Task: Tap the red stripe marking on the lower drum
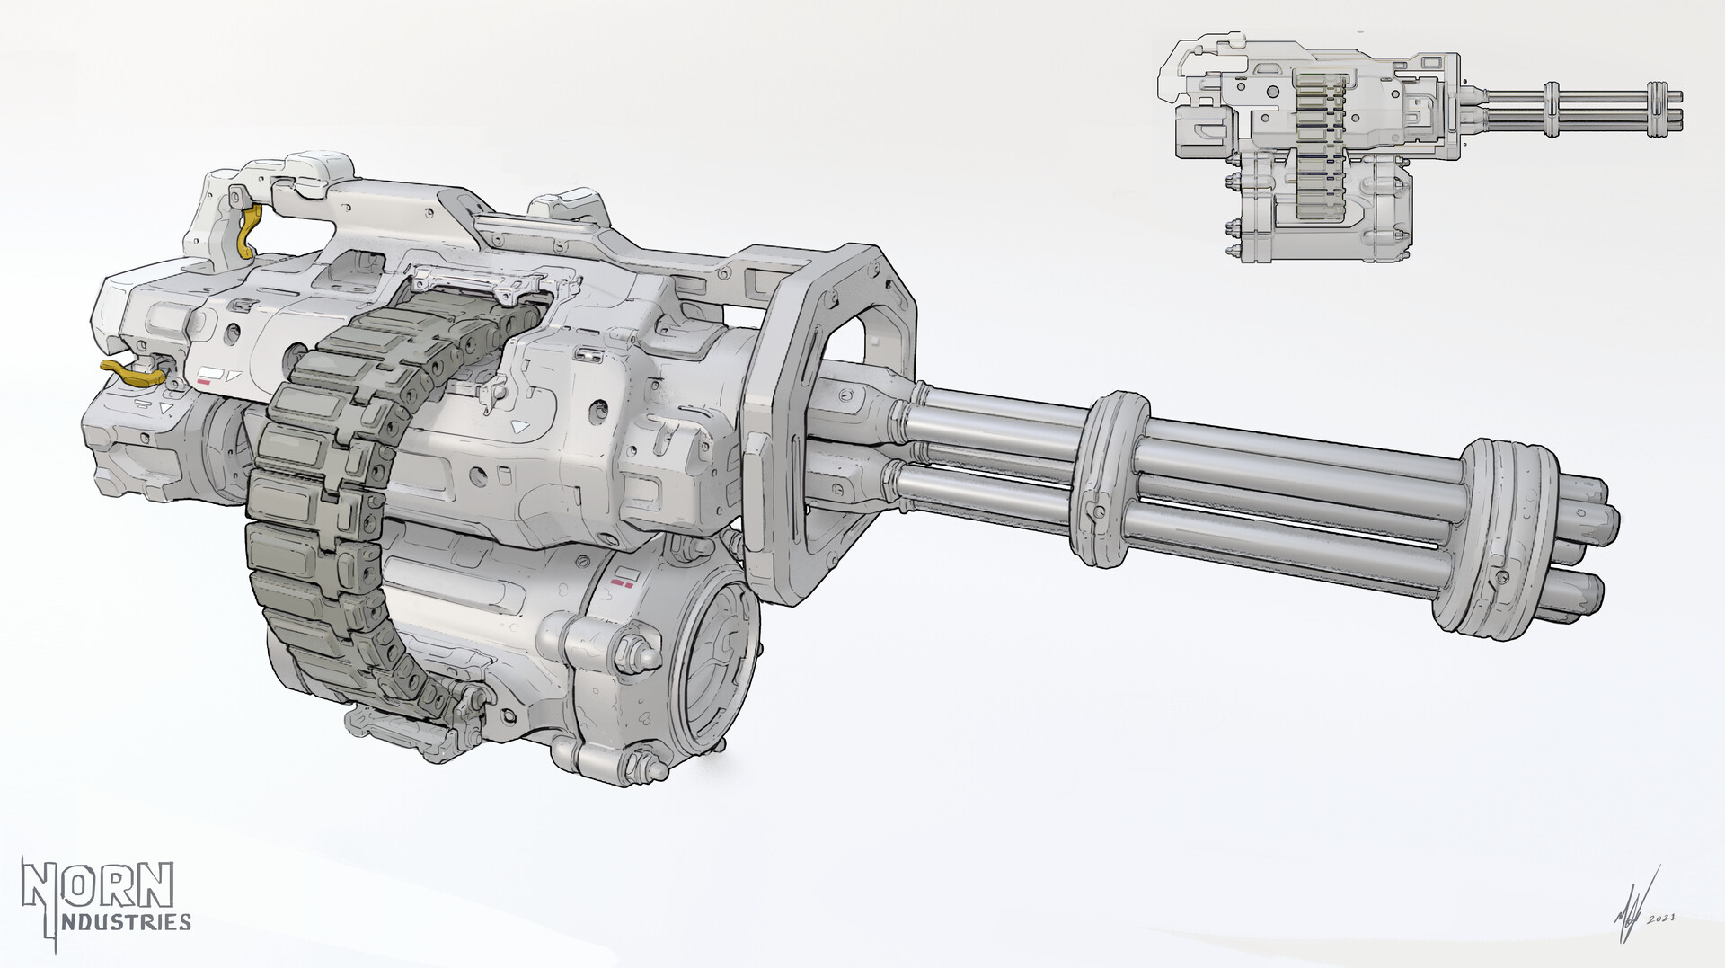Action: coord(619,584)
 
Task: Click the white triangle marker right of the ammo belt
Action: coord(518,428)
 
